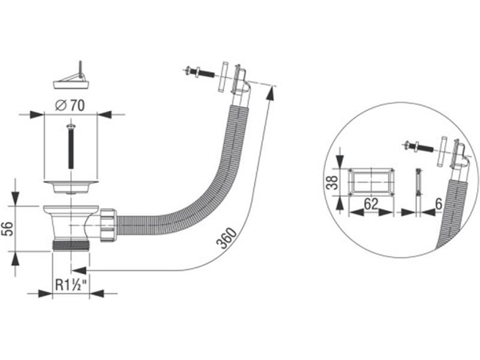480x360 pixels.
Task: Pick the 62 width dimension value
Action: tap(371, 203)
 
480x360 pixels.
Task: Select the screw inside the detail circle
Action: tap(416, 145)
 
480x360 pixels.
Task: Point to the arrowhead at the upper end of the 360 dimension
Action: tap(274, 90)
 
